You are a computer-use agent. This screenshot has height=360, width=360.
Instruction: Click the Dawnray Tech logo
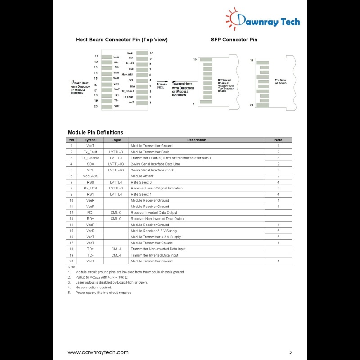pos(263,20)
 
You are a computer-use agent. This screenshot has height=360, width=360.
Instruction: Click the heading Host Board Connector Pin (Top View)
pos(122,40)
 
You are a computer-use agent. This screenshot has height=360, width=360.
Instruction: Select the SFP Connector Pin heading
pos(234,40)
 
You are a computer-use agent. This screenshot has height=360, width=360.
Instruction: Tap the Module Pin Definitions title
pos(95,132)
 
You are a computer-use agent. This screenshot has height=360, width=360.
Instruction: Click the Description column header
pos(197,140)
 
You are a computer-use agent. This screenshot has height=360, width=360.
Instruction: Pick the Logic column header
pos(116,140)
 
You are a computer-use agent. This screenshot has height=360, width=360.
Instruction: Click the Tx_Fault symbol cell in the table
pos(90,152)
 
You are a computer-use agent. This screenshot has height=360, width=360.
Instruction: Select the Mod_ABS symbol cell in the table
pos(90,176)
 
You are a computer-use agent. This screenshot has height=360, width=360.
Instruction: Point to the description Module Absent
pos(142,176)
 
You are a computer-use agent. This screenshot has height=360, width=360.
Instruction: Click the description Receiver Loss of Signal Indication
pos(157,188)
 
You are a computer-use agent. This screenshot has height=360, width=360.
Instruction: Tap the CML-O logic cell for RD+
pos(116,219)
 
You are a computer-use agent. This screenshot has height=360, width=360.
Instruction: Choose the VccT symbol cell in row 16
pos(90,237)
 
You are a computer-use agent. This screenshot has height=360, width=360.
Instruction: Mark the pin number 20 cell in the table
pos(71,261)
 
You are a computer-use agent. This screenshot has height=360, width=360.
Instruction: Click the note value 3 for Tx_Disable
pos(278,158)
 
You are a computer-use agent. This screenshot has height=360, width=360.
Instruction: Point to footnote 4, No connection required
pos(93,287)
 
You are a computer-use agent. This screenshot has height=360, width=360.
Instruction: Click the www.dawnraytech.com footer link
pos(98,352)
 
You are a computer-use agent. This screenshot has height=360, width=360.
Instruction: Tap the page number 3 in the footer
pos(291,352)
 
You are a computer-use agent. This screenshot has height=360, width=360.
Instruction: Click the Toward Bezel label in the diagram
pos(162,85)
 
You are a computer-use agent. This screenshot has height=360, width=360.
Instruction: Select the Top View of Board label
pos(280,82)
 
